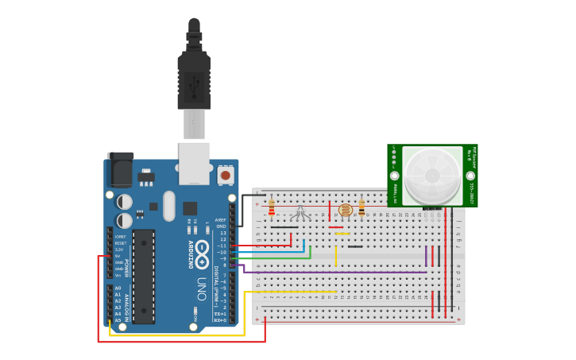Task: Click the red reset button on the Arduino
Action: [x=226, y=174]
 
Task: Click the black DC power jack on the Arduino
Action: [x=120, y=170]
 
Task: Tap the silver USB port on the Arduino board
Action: [x=194, y=163]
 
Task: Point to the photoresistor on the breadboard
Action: [x=345, y=211]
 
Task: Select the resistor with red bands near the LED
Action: [x=272, y=208]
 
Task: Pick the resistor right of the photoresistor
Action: [x=361, y=207]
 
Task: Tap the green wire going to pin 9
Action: [x=278, y=257]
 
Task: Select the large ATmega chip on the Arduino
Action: [x=144, y=277]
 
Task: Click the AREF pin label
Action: [x=221, y=220]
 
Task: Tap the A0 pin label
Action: [x=118, y=288]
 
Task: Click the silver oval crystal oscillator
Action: [x=168, y=206]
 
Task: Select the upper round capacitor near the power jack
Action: [x=125, y=202]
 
